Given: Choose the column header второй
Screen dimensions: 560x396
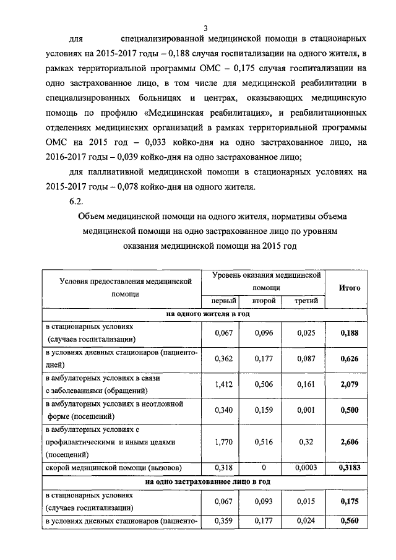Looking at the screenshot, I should (263, 301).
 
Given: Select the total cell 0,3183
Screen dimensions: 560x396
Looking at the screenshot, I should (350, 468).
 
